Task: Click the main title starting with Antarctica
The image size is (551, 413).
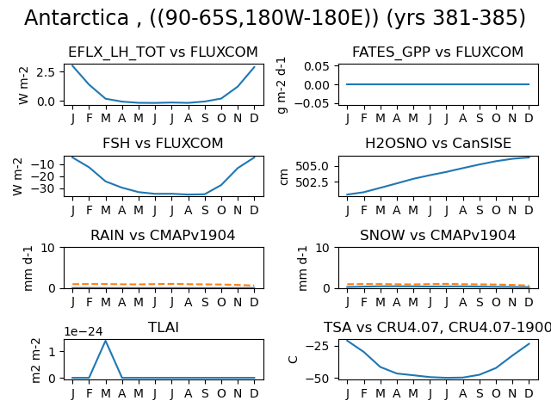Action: pos(275,18)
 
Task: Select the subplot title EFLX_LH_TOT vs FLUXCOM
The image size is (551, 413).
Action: pos(163,52)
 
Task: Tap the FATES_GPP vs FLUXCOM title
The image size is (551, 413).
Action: pos(438,52)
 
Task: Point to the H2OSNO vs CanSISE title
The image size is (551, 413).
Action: pos(438,144)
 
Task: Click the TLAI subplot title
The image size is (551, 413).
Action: pos(164,327)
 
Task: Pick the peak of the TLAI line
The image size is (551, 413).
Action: pos(105,341)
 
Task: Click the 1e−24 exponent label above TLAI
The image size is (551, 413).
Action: pos(84,331)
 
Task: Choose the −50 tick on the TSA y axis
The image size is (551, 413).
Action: pos(318,379)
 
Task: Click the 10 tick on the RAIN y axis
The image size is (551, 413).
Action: pos(48,248)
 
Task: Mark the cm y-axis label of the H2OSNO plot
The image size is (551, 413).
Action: pos(284,176)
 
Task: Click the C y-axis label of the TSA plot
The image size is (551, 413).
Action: pos(293,360)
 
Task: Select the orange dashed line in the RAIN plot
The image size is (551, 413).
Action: pos(164,284)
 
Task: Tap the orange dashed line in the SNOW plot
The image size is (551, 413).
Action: pos(438,284)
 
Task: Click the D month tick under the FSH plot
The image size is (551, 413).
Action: pos(254,210)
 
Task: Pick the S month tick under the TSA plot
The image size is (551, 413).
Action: pos(480,393)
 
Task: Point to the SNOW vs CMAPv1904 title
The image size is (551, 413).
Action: pos(438,235)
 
